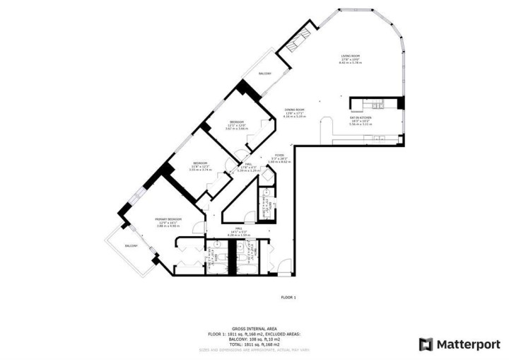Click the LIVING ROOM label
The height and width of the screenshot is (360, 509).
point(351,55)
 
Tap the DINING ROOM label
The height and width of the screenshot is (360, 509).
point(294,110)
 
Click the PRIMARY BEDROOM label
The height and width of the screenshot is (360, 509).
point(168,219)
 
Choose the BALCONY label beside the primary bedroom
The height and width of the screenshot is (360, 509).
point(131,245)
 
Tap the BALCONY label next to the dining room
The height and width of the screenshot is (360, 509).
point(265,73)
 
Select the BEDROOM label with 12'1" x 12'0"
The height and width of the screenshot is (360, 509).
point(235,122)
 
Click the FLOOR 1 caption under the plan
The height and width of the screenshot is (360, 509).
point(288,297)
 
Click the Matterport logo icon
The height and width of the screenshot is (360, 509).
point(426,344)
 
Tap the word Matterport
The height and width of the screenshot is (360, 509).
point(463,344)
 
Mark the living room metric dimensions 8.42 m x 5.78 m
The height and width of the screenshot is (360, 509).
point(351,63)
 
